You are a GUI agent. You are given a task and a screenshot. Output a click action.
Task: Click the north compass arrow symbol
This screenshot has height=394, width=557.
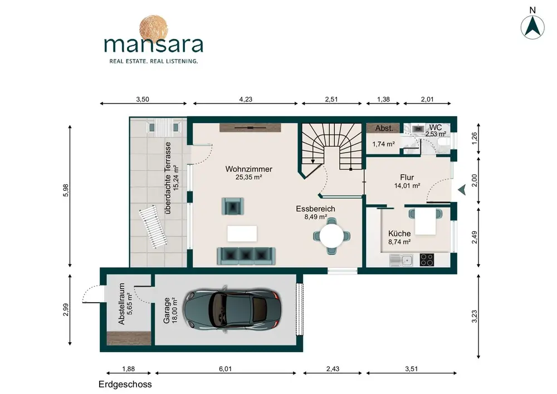tap(532, 27)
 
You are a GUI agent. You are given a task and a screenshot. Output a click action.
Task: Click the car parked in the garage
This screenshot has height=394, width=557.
tap(232, 309)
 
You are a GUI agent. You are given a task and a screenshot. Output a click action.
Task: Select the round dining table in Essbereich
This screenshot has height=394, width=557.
tap(332, 236)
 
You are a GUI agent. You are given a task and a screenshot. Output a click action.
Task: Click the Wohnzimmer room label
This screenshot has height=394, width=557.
tap(248, 169)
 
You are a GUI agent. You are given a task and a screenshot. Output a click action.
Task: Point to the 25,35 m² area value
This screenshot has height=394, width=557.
tap(248, 177)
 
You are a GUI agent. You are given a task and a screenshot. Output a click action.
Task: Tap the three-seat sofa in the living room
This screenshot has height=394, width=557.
tap(246, 256)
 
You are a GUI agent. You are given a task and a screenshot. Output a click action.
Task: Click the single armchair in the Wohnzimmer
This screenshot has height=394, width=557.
tap(233, 206)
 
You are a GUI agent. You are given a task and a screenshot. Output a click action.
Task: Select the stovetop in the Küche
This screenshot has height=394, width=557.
tap(427, 259)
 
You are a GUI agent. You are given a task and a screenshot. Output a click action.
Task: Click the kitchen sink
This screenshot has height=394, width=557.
tap(400, 260)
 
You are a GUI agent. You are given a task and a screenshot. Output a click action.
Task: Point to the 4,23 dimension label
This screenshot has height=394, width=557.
tap(246, 100)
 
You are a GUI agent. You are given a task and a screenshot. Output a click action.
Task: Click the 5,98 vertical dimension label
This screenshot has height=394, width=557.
tap(66, 190)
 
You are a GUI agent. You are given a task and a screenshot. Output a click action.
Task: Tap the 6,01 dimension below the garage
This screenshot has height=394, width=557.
tap(225, 369)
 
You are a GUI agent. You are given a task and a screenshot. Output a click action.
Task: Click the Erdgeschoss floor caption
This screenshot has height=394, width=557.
tap(125, 385)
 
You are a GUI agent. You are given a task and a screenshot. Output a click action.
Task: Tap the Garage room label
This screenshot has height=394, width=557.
tap(167, 310)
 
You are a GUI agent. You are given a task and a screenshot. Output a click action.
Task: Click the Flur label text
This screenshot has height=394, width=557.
tap(407, 178)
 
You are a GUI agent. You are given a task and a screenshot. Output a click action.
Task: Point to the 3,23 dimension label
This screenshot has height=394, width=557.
tap(475, 316)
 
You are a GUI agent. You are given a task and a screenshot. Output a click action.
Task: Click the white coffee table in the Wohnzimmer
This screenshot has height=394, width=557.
tap(242, 234)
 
